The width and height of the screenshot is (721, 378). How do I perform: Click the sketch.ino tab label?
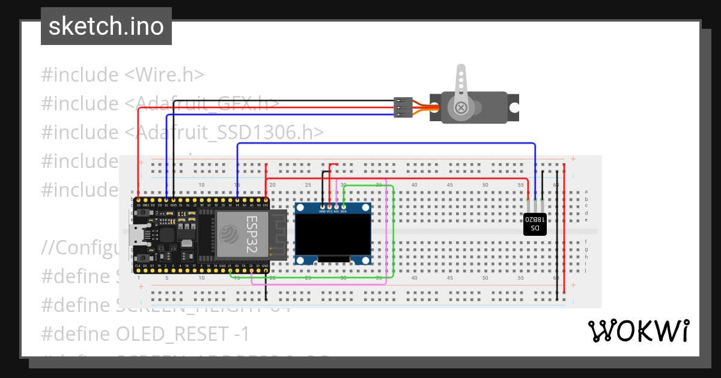[106, 26]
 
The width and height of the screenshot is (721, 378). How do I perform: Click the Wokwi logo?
[638, 331]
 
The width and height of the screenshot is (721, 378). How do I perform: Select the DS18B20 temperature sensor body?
[535, 224]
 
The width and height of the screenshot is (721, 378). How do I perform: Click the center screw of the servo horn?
[461, 107]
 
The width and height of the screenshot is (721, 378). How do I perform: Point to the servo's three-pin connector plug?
[403, 107]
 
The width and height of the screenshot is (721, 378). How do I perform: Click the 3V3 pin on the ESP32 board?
[266, 200]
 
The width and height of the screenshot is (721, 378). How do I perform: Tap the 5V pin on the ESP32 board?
[139, 200]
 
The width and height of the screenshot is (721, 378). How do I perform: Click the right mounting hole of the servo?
[514, 107]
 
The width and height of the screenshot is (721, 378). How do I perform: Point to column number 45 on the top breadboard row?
[449, 185]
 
